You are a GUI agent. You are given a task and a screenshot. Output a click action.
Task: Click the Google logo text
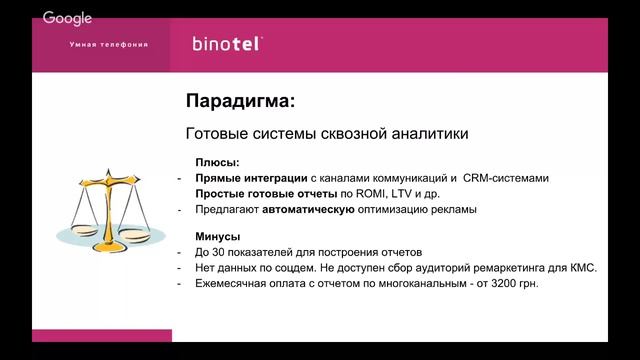67,18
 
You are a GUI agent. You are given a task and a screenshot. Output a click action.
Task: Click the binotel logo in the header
228,44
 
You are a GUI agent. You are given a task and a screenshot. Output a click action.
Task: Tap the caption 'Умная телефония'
109,45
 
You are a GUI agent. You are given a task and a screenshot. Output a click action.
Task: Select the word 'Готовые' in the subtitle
217,133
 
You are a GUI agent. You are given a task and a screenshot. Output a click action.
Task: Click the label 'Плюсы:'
217,161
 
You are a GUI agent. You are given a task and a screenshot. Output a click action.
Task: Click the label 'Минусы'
218,236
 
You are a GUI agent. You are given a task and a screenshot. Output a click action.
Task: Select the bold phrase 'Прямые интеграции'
250,177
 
